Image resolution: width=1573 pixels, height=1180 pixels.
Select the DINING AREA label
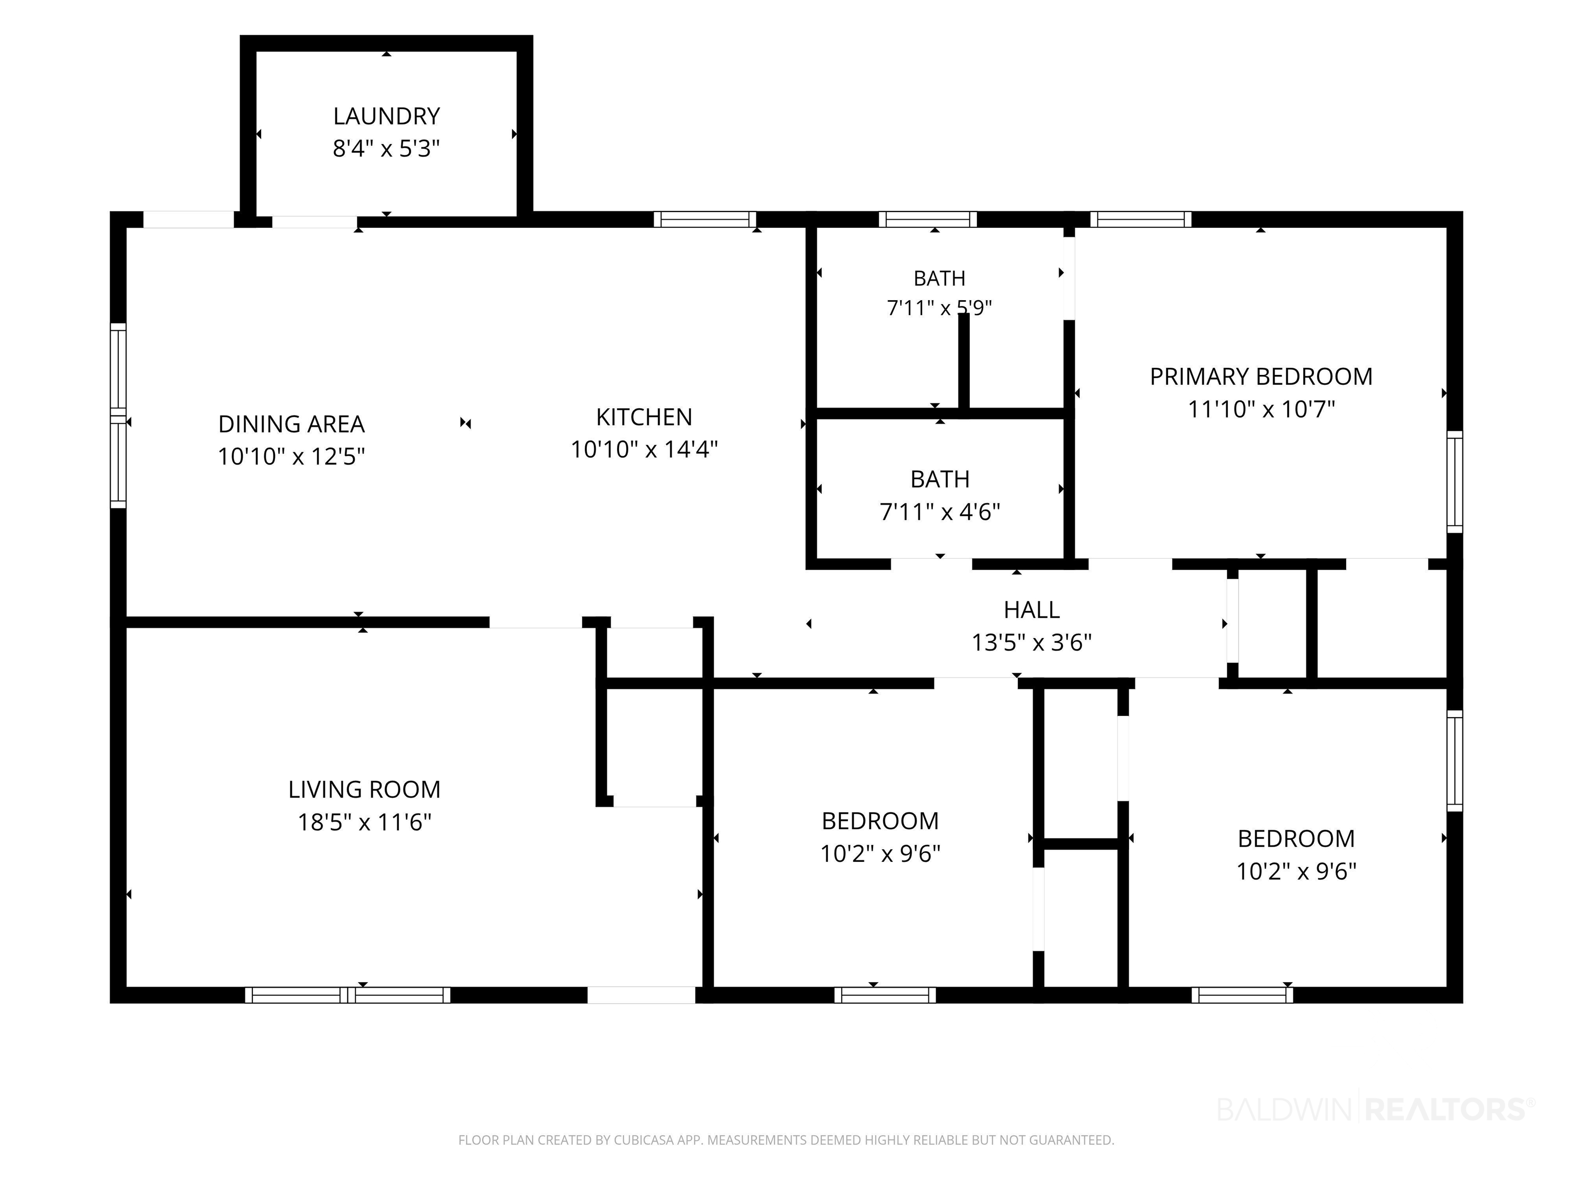tap(291, 424)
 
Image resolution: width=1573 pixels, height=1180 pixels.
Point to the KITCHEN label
tap(644, 417)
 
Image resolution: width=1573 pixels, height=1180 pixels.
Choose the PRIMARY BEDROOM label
tap(1261, 376)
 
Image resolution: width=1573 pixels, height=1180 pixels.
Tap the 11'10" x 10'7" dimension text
tap(1261, 409)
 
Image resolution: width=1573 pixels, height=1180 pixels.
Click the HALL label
tap(1031, 609)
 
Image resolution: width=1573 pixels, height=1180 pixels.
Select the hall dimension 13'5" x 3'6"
tap(1031, 642)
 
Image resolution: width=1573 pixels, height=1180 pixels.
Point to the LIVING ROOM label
tap(364, 790)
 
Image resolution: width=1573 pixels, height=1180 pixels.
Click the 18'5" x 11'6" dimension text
tap(364, 822)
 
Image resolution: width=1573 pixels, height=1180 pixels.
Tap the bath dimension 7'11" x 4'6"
tap(940, 512)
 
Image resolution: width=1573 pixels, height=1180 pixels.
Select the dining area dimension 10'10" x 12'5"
tap(291, 456)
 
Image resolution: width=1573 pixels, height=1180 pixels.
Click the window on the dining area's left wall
tap(118, 416)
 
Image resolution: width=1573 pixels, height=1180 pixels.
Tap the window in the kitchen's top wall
tap(705, 219)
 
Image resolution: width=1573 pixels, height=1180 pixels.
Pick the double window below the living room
tap(348, 995)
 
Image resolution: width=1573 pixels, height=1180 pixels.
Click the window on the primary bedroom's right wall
tap(1455, 481)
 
